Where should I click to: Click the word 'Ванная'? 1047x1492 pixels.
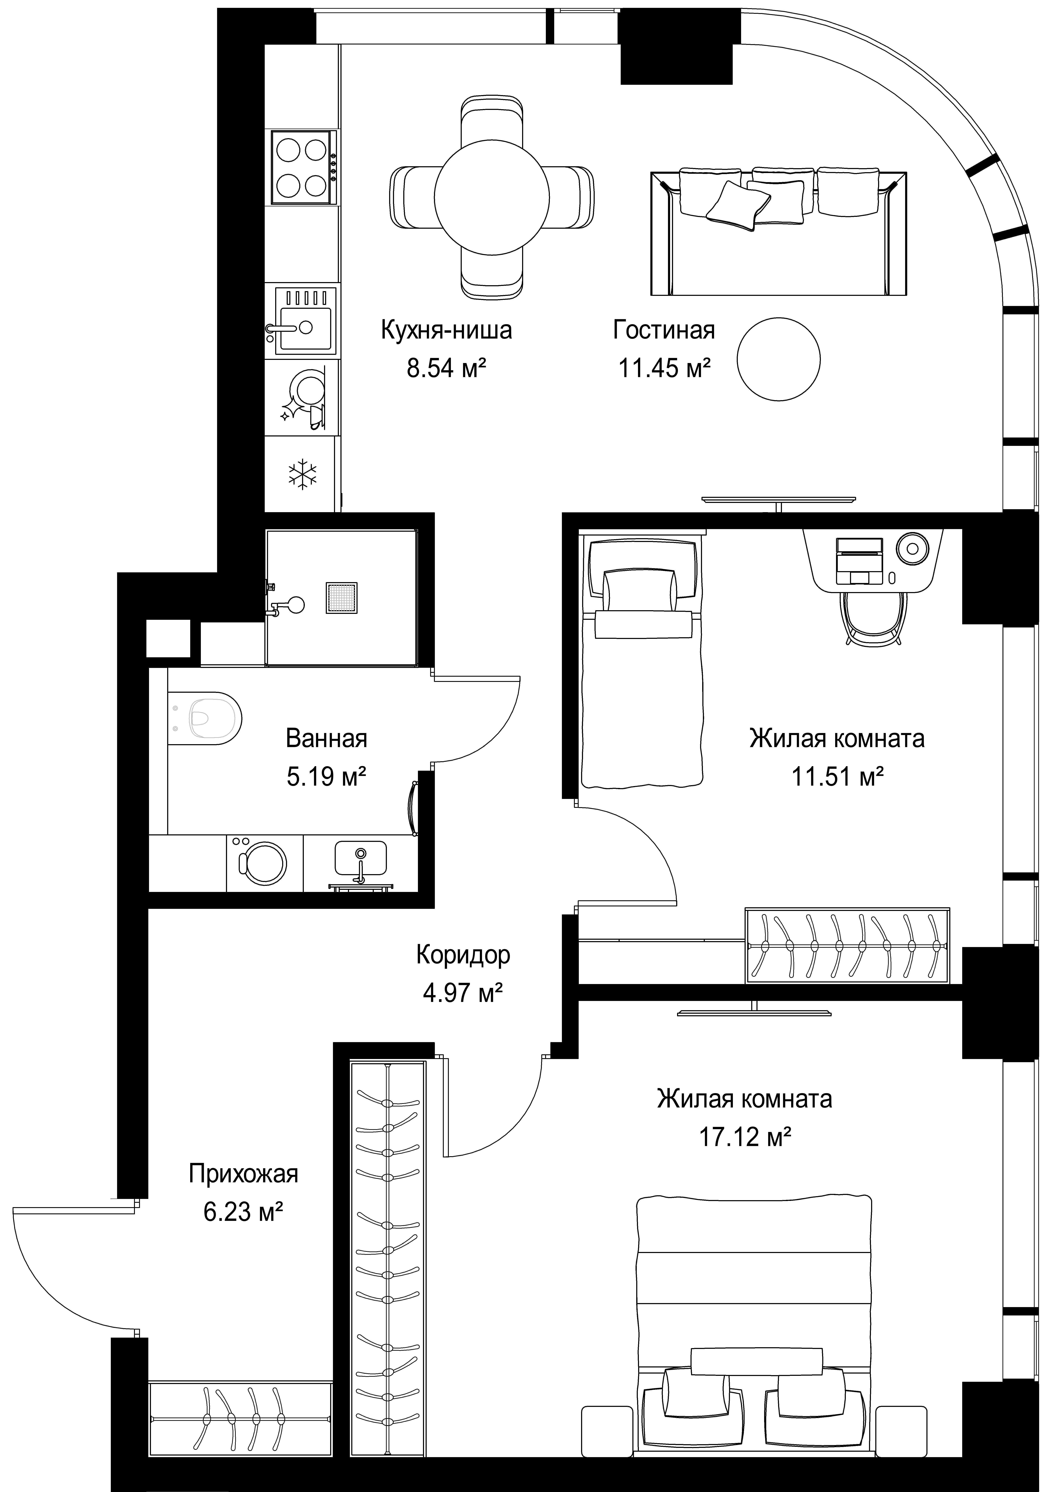tap(326, 739)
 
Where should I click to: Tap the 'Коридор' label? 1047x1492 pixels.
tap(463, 955)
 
